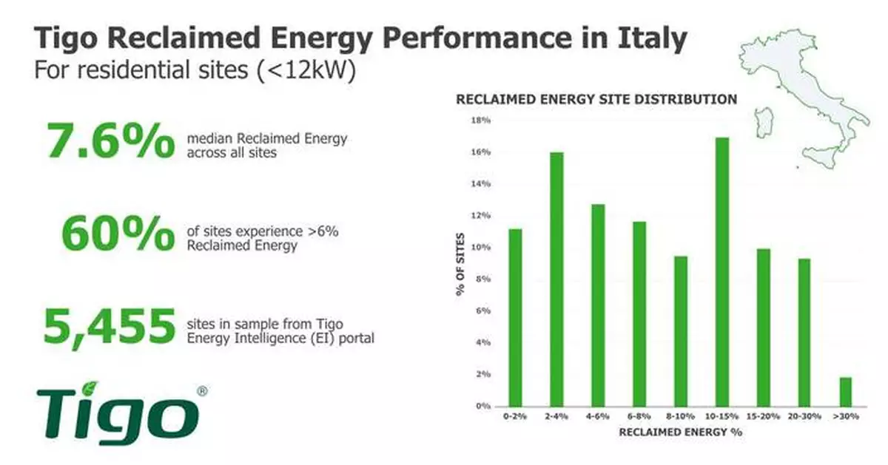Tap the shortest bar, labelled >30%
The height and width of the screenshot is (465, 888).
tap(846, 392)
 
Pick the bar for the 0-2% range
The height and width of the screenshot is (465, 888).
tap(514, 317)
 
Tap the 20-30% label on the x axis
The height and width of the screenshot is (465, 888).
tap(804, 417)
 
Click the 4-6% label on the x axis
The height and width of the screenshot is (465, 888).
tap(597, 417)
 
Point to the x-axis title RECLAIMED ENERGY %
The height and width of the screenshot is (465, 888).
tap(680, 432)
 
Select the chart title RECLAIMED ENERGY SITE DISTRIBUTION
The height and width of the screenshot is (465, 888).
tap(596, 99)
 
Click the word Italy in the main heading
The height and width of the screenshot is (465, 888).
tap(654, 38)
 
